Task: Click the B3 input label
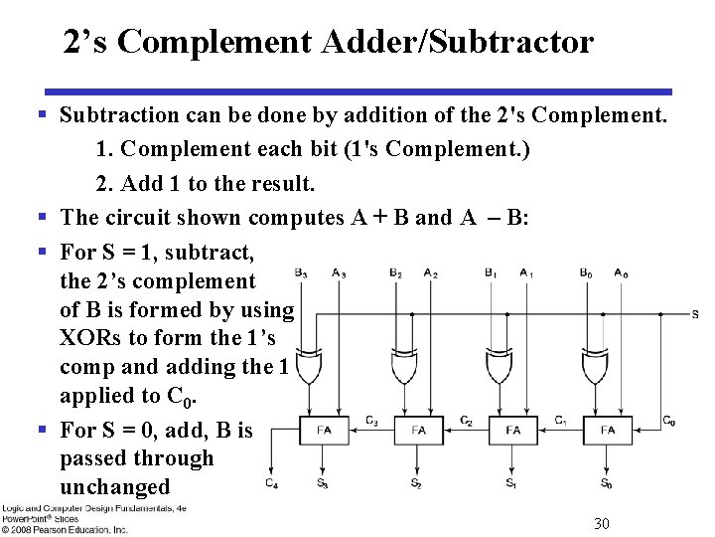click(x=301, y=273)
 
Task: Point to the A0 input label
click(x=621, y=273)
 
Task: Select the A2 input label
click(x=430, y=273)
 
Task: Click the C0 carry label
click(x=669, y=420)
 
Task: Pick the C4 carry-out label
click(x=271, y=483)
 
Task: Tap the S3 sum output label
click(x=322, y=483)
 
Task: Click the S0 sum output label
click(x=606, y=483)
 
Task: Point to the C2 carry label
click(x=466, y=420)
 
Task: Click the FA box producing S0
click(x=608, y=431)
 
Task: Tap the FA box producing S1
click(x=512, y=431)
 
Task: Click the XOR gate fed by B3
click(x=308, y=368)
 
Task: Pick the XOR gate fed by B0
click(x=594, y=368)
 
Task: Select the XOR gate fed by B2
click(x=403, y=368)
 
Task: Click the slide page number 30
click(x=601, y=523)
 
